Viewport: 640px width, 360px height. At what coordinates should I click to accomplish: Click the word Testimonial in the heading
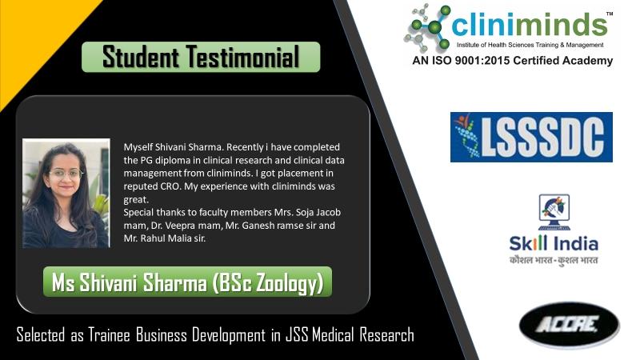(x=243, y=57)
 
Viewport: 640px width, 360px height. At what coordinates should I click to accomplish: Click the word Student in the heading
(x=141, y=57)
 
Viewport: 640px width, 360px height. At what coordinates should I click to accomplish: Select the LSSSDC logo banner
(x=531, y=137)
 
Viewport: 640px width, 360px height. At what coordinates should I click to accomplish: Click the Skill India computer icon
(x=554, y=212)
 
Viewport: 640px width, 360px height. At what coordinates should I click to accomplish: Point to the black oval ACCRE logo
(x=569, y=326)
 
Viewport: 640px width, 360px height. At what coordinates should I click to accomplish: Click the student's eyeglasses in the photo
(x=66, y=174)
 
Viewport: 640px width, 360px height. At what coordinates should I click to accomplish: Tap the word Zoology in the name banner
(x=286, y=283)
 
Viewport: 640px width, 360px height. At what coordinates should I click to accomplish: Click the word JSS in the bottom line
(x=298, y=334)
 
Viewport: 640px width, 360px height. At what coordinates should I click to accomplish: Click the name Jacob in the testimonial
(x=328, y=213)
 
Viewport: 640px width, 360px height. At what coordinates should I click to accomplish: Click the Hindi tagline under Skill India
(x=554, y=260)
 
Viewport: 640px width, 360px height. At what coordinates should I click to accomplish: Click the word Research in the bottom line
(x=387, y=334)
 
